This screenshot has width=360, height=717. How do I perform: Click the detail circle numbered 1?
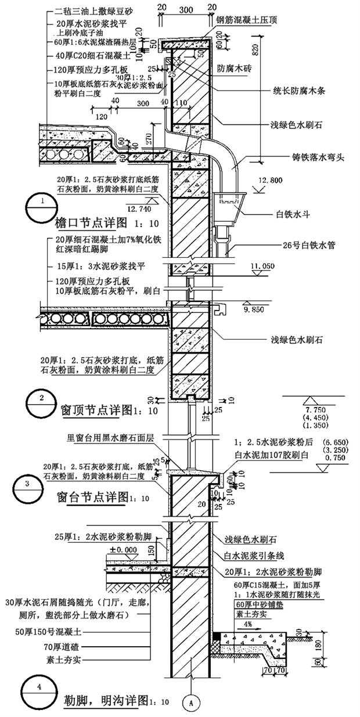(x=39, y=207)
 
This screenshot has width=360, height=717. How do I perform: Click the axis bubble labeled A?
(x=189, y=701)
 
